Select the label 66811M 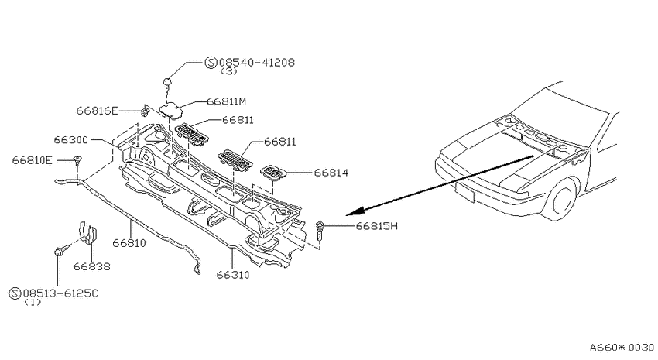[x=226, y=101]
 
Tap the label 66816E [x=97, y=111]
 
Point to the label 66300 [x=71, y=139]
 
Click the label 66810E [x=33, y=160]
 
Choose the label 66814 [x=331, y=173]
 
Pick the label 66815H [x=376, y=226]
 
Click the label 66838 [x=92, y=266]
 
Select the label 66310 [x=233, y=275]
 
